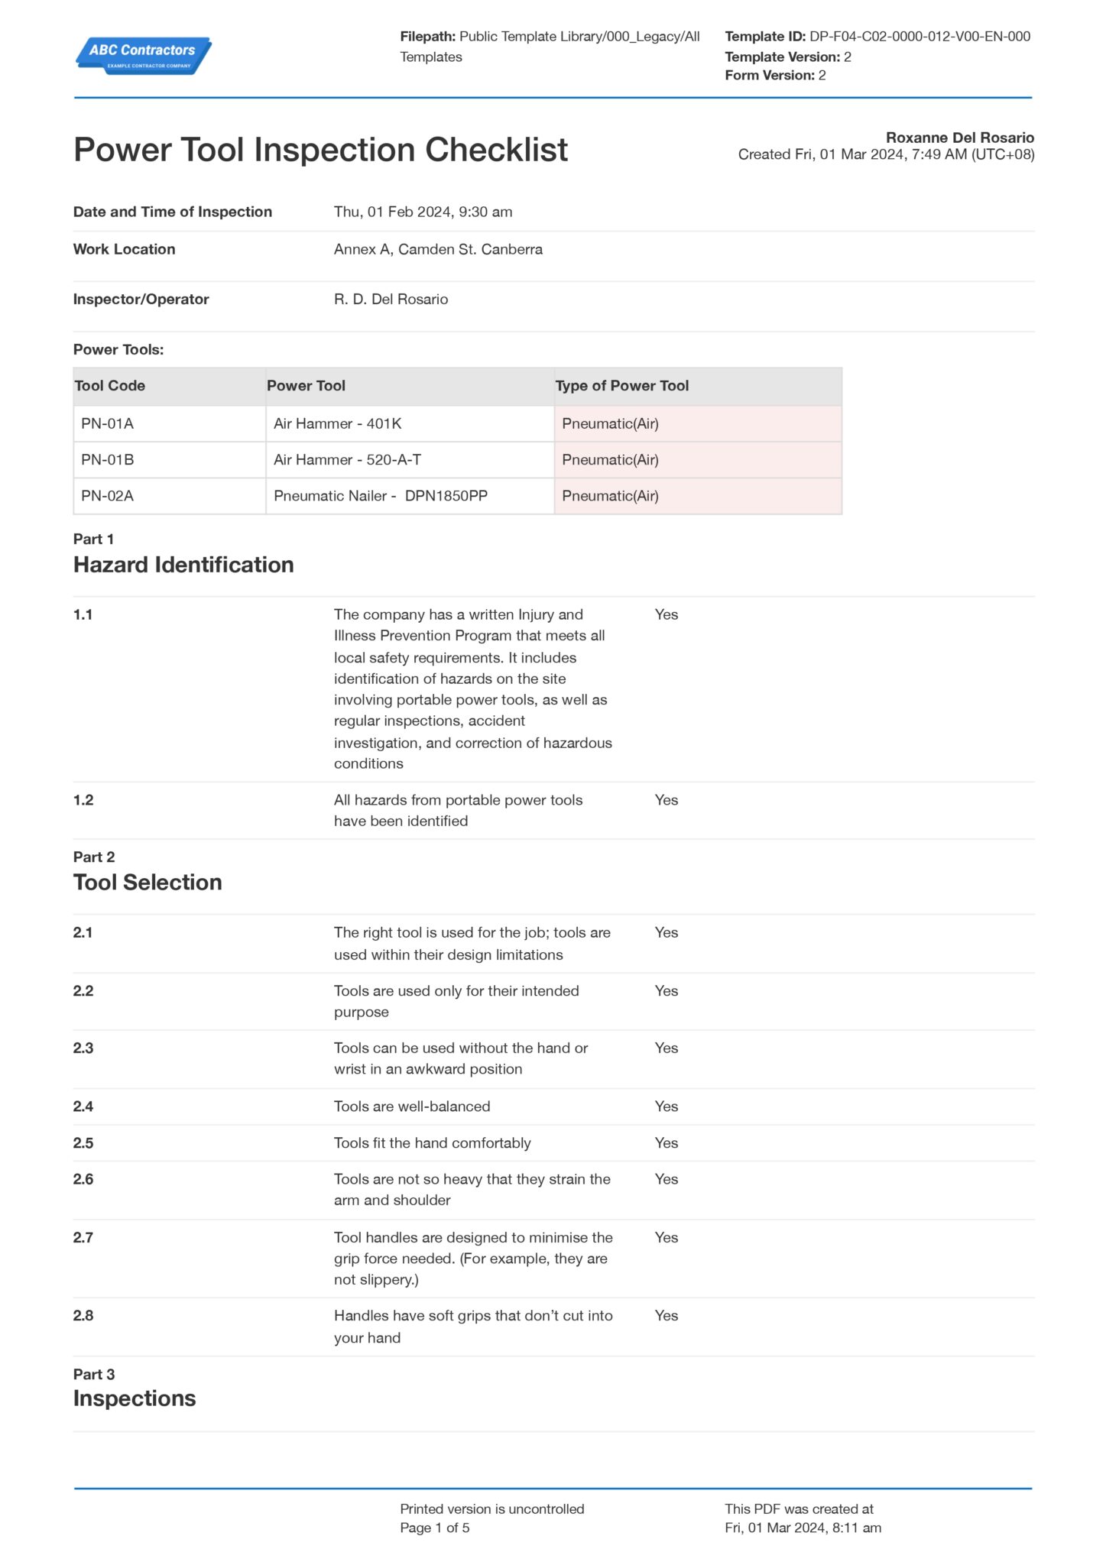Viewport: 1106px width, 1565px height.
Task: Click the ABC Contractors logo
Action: click(x=143, y=55)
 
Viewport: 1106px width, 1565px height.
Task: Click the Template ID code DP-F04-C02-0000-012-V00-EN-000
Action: click(x=920, y=36)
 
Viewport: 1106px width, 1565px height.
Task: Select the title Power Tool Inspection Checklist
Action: click(x=320, y=150)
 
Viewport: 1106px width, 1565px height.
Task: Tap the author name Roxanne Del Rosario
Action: click(x=959, y=138)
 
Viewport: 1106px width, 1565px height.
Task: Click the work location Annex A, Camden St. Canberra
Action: click(x=438, y=249)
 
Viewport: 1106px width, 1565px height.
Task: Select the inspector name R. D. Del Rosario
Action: click(x=391, y=299)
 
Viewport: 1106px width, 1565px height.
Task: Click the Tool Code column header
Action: click(x=110, y=386)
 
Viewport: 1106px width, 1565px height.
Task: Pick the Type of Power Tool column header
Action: click(x=621, y=386)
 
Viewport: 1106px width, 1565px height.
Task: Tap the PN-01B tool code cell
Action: click(x=108, y=459)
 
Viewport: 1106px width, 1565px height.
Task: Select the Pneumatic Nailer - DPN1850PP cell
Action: click(x=381, y=496)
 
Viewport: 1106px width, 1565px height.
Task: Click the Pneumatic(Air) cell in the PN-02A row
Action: click(x=610, y=496)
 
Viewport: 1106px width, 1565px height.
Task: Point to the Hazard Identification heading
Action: click(x=183, y=565)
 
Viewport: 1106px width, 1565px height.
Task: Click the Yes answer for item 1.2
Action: click(x=666, y=800)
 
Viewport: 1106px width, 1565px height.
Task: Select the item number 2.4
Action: click(x=83, y=1106)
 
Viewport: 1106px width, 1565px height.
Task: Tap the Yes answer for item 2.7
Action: click(x=666, y=1237)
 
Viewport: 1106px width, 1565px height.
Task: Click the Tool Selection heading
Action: click(x=148, y=883)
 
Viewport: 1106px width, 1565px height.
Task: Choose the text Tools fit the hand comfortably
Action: click(x=432, y=1142)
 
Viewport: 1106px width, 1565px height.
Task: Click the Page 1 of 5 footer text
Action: click(x=434, y=1528)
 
